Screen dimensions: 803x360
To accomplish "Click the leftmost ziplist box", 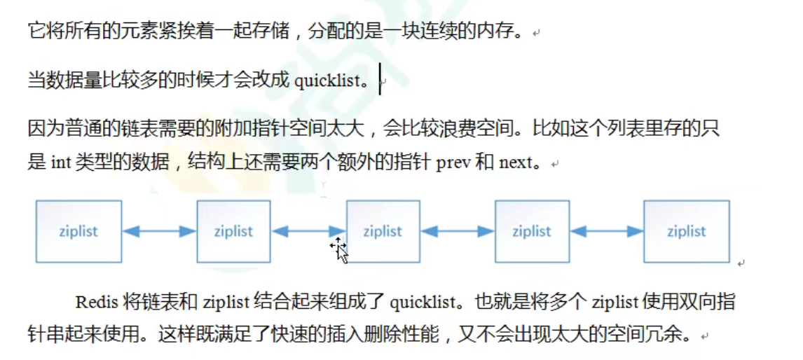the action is [78, 232].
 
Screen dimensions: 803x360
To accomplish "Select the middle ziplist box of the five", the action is [383, 232].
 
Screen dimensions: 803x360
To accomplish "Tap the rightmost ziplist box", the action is [686, 232].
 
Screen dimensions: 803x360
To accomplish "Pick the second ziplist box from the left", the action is [233, 232].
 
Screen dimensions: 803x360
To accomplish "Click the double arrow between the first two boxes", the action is [159, 232].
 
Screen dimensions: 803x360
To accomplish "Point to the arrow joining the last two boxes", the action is [607, 232].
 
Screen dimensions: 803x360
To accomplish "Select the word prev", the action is [453, 164].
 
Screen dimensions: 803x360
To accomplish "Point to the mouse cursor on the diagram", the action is [339, 248].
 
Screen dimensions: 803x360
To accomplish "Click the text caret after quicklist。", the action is [380, 78].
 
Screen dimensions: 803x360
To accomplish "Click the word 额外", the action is [359, 164].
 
